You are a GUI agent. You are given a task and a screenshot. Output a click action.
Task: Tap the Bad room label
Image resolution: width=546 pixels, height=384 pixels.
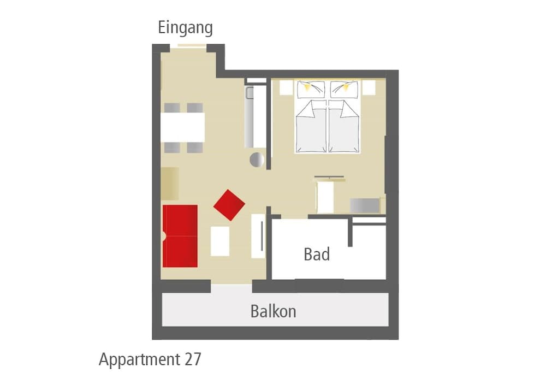click(317, 255)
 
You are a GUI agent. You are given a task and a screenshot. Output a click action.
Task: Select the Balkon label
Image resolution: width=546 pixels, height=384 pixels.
click(274, 311)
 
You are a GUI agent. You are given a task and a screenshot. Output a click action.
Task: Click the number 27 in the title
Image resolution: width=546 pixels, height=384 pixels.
click(193, 359)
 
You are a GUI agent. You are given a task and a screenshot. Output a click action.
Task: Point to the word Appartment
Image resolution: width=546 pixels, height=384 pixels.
click(140, 360)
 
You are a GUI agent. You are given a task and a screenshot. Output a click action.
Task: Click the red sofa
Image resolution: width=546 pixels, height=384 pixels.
click(180, 236)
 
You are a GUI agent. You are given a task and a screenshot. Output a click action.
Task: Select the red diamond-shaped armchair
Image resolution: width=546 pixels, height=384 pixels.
click(229, 205)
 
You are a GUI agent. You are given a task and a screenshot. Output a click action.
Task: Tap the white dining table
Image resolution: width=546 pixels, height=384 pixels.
click(182, 127)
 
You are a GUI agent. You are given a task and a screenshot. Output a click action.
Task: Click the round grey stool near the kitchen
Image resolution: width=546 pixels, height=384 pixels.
click(257, 159)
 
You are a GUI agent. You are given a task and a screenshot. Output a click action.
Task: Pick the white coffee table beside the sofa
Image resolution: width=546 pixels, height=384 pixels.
click(220, 241)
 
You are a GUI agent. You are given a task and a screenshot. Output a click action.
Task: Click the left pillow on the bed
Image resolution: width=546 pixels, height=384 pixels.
click(311, 90)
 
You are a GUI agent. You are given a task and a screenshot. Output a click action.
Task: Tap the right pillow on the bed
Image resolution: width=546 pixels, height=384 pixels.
click(344, 90)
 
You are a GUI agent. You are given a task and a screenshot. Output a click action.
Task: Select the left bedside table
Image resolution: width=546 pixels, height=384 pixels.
click(286, 88)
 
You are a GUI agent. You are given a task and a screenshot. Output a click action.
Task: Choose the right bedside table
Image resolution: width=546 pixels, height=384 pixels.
click(369, 88)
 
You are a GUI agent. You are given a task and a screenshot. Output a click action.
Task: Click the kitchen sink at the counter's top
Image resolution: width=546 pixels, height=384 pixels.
click(251, 93)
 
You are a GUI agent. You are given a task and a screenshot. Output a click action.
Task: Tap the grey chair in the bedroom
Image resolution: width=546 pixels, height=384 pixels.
click(365, 205)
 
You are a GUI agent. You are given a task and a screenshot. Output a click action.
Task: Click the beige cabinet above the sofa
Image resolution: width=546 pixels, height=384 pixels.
click(170, 184)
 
